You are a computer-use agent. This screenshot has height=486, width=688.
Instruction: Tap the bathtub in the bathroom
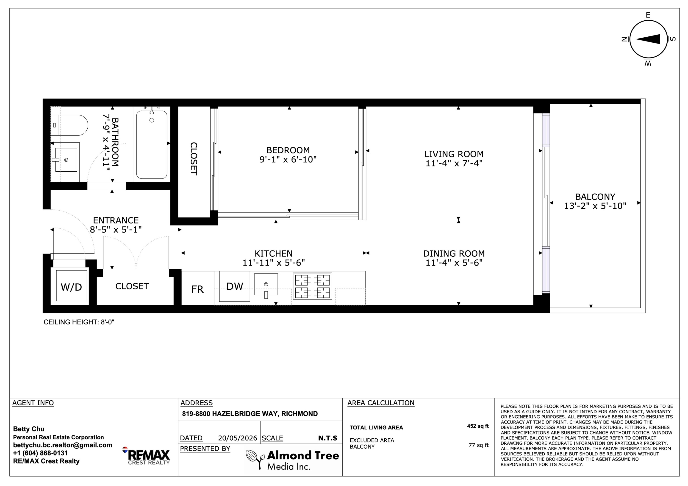[x=152, y=145]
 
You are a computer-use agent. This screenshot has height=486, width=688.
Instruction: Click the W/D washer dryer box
[x=71, y=286]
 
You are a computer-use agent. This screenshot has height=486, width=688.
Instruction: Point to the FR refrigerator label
[x=197, y=289]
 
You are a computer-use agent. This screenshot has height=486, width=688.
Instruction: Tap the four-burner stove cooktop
[x=312, y=286]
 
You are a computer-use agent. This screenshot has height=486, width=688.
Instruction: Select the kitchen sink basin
[x=266, y=284]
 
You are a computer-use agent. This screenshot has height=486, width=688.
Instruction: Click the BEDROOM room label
[x=288, y=150]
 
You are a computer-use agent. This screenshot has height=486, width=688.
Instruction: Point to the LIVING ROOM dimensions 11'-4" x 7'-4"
[x=454, y=163]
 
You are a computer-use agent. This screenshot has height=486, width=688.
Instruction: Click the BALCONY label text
[x=595, y=197]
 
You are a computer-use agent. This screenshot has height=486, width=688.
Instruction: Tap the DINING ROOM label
[x=454, y=253]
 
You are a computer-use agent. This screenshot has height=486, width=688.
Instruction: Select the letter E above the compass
[x=648, y=15]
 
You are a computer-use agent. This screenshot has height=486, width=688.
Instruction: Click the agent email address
[x=63, y=445]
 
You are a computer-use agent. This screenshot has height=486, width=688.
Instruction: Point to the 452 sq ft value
[x=478, y=426]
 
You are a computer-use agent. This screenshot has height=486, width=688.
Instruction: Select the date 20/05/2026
[x=238, y=438]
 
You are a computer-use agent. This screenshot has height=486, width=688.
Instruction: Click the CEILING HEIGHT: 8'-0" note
[x=79, y=322]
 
